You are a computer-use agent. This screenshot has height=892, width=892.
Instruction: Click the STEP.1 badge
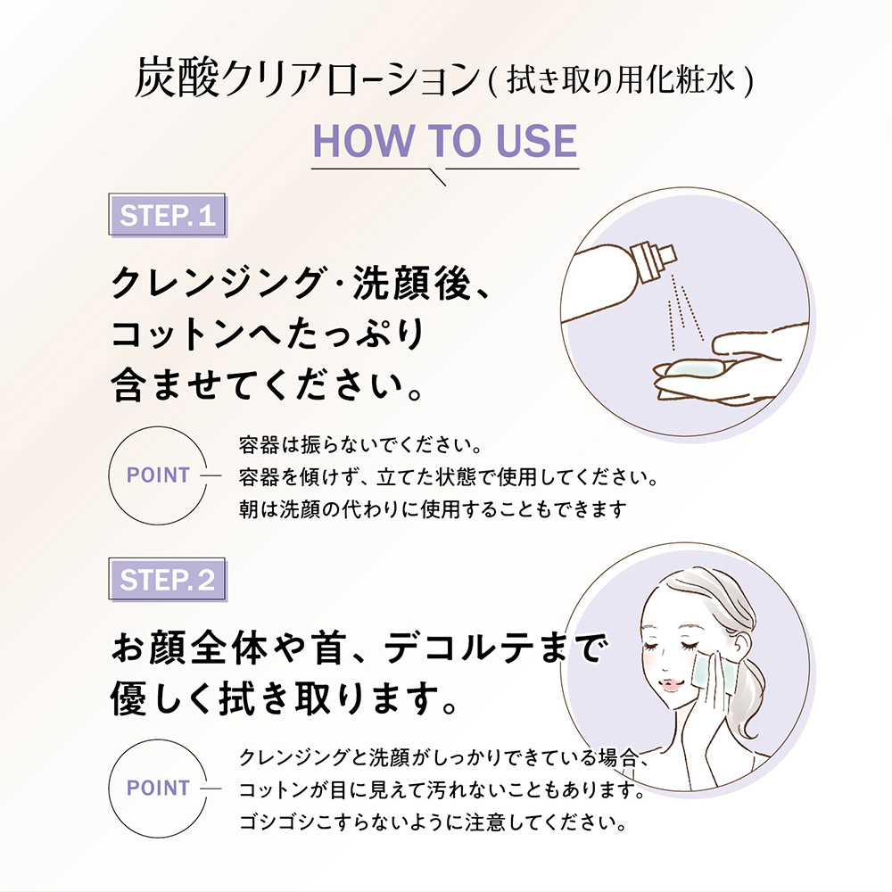pyautogui.click(x=168, y=214)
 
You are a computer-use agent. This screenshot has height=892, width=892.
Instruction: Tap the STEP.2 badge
pyautogui.click(x=168, y=579)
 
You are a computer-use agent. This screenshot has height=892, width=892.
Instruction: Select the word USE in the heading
pyautogui.click(x=536, y=141)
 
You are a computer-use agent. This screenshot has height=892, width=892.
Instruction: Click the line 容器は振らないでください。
pyautogui.click(x=360, y=444)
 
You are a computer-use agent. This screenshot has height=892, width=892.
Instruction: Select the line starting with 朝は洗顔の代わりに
pyautogui.click(x=433, y=509)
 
